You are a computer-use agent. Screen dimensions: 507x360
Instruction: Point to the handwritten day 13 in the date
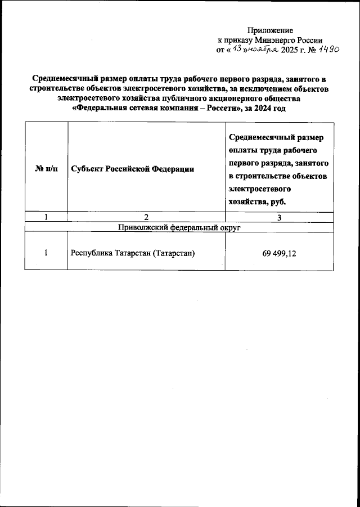(x=239, y=50)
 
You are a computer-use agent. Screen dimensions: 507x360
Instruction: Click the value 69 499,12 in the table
(x=279, y=253)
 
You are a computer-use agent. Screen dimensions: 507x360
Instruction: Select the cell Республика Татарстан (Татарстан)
(x=133, y=253)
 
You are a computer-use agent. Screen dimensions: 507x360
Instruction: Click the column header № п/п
(x=46, y=169)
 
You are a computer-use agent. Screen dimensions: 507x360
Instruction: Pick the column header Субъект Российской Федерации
(x=133, y=169)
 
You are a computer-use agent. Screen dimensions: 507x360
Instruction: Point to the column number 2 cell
(x=146, y=217)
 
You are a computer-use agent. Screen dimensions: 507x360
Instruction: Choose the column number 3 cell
(x=279, y=217)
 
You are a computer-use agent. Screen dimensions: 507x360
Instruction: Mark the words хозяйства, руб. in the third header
(x=257, y=201)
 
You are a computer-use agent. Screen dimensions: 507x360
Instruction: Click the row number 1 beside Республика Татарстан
(x=46, y=253)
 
